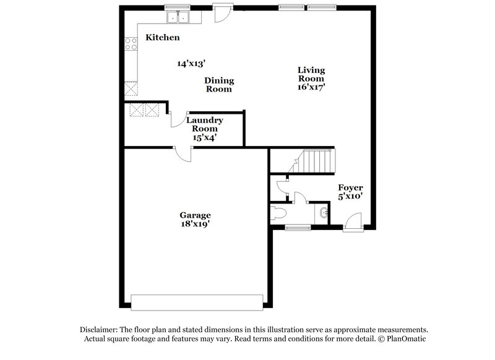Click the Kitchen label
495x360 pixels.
(x=162, y=38)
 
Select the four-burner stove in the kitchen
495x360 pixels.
(x=131, y=43)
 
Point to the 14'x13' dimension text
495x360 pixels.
(x=191, y=63)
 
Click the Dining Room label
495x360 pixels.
(x=218, y=84)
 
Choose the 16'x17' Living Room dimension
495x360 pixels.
(x=311, y=88)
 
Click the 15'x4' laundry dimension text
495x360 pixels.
(x=205, y=138)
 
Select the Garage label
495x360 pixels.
(x=196, y=215)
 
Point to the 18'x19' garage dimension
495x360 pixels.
(x=196, y=225)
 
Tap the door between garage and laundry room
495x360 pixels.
(x=184, y=153)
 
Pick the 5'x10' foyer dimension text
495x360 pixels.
(x=350, y=196)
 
